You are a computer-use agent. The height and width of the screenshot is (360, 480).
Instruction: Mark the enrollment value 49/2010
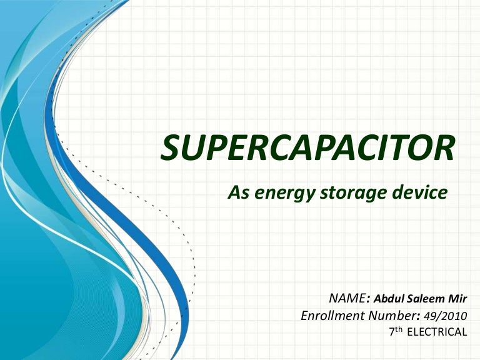click(444, 316)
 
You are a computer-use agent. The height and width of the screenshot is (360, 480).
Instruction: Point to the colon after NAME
click(368, 299)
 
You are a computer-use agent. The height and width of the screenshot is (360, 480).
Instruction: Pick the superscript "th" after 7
click(399, 329)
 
